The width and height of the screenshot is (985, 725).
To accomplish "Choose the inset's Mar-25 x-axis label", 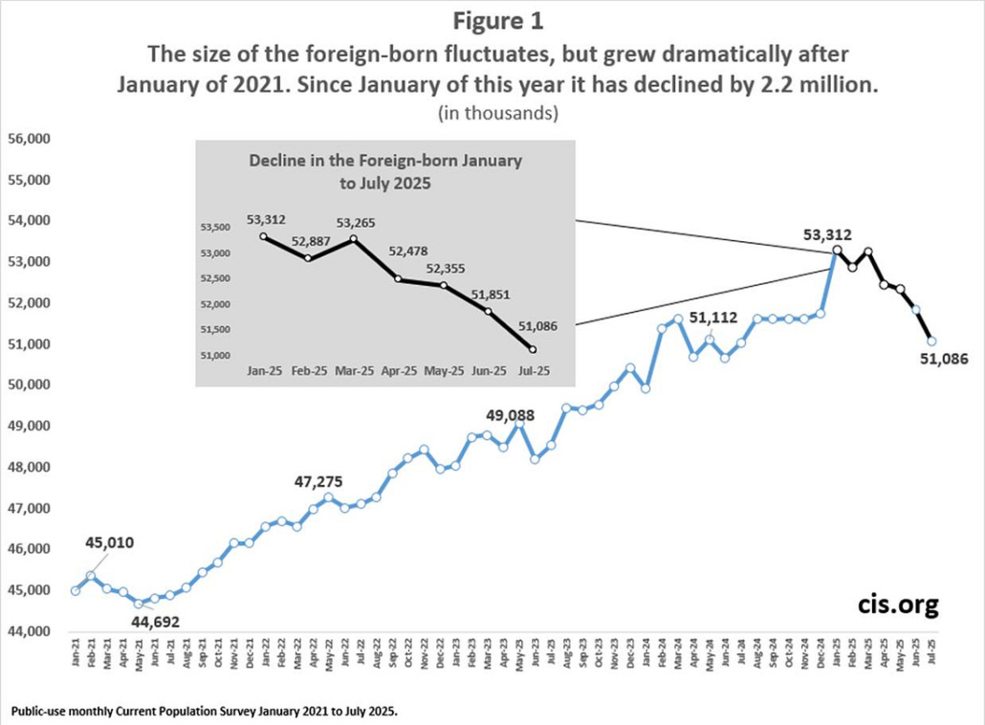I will [x=353, y=368].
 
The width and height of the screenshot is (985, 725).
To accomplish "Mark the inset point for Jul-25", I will [x=531, y=349].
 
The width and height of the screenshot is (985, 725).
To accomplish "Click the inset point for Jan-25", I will [x=263, y=236].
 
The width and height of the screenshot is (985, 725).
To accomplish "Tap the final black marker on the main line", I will [x=931, y=341].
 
